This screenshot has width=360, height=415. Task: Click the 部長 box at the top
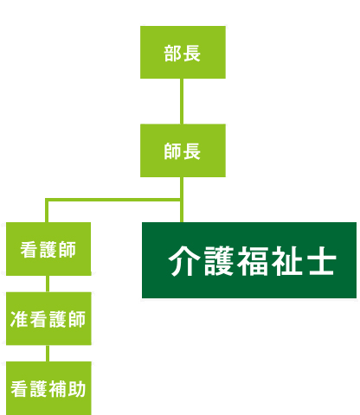pos(183,52)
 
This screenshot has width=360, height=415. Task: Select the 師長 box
pos(183,150)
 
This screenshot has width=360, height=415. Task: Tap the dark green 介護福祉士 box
pos(249,260)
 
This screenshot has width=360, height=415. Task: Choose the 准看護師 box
pos(48,318)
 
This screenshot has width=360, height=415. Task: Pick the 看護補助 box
pos(48,388)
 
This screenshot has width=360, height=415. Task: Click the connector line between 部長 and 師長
pos(182,101)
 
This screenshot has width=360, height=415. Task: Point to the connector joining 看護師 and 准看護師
pos(48,284)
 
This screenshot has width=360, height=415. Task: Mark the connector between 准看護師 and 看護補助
pos(48,354)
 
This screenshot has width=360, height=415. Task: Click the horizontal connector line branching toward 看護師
pos(112,200)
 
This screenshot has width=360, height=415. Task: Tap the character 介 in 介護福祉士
pos(184,261)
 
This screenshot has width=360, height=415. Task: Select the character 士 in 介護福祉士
pos(320,261)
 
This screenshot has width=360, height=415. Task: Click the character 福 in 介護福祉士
pos(253,261)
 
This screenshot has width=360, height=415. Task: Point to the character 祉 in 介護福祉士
pos(286,261)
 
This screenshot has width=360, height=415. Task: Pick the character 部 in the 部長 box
pos(173,54)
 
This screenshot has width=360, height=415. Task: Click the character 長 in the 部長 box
pos(192,54)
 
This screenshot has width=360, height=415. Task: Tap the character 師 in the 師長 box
pos(173,151)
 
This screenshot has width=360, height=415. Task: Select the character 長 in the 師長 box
pos(192,151)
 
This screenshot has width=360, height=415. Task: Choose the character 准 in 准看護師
pos(19,319)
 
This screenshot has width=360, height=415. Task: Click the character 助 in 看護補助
pos(77,389)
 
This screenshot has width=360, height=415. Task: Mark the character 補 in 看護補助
pos(58,389)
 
